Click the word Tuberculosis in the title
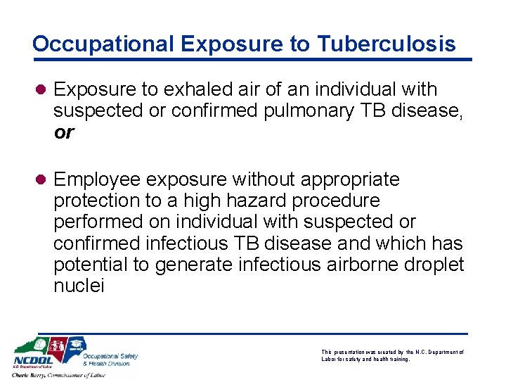point(386,44)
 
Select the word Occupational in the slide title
point(103,44)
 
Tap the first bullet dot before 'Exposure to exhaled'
point(41,90)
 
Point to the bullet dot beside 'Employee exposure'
point(41,179)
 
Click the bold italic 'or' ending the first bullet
point(63,132)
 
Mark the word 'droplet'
point(434,265)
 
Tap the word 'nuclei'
point(79,286)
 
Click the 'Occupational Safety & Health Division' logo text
point(110,359)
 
